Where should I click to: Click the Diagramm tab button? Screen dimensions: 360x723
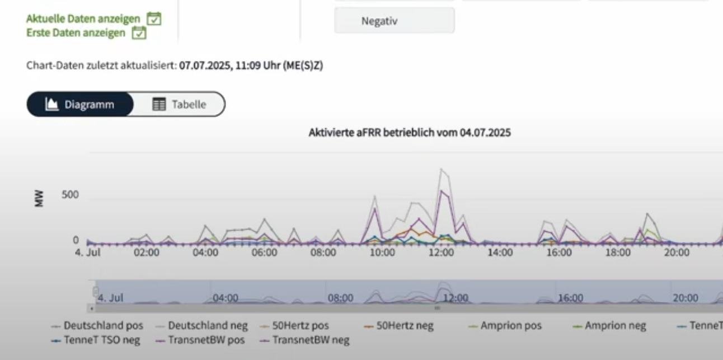tap(80, 105)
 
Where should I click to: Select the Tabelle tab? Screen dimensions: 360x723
tap(179, 105)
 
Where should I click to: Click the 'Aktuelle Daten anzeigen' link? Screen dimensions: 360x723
tap(83, 19)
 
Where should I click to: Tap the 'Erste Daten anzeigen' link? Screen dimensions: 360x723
tap(76, 32)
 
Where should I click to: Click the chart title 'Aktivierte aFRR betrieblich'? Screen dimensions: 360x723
tap(409, 133)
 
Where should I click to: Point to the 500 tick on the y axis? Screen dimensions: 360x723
tap(71, 195)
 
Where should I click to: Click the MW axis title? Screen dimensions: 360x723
tap(39, 199)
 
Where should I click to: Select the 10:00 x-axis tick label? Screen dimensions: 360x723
tap(382, 253)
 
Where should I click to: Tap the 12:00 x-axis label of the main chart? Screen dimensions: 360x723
tap(441, 253)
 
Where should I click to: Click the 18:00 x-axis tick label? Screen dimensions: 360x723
tap(618, 253)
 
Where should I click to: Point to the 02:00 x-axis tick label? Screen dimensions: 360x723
tap(147, 253)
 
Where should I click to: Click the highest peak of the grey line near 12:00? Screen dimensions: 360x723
tap(441, 169)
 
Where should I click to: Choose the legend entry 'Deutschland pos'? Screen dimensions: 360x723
tap(103, 325)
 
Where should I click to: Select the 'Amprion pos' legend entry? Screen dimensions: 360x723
tap(510, 325)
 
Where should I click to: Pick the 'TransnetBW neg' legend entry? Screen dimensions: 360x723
tap(311, 340)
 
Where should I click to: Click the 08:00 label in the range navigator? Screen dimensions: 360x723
tap(340, 298)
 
